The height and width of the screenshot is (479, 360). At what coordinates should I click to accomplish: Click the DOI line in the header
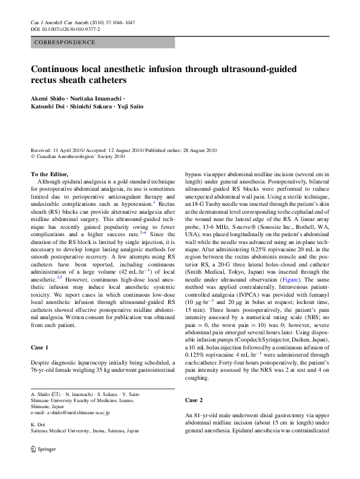click(x=65, y=29)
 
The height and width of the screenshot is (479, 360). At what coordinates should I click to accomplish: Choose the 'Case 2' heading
click(x=194, y=400)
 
